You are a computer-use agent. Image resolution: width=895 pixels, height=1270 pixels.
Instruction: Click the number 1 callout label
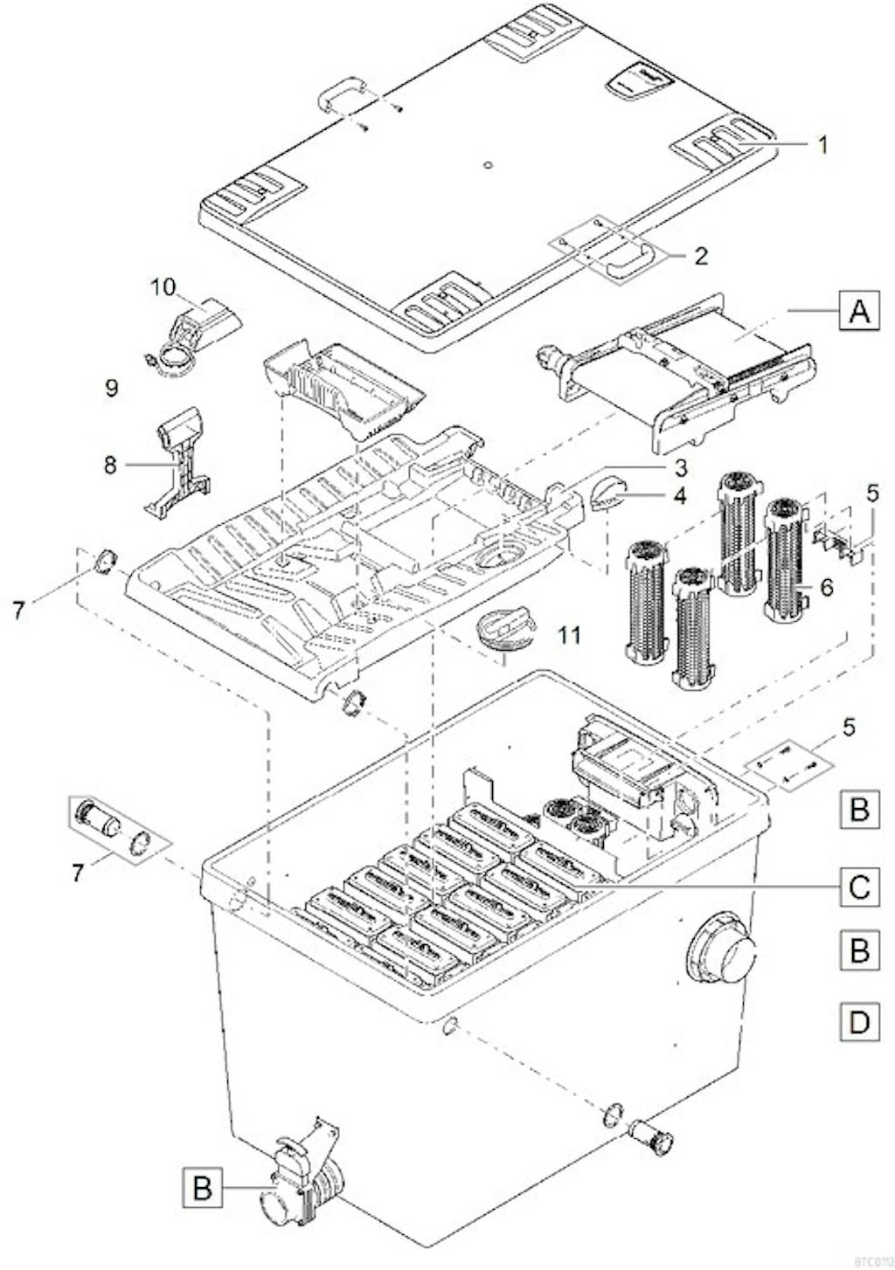point(821,145)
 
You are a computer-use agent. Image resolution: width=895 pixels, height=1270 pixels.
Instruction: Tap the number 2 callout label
point(700,256)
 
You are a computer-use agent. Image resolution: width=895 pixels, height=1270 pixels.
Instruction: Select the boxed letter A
point(859,310)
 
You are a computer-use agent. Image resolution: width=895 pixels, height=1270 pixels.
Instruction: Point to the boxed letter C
point(859,887)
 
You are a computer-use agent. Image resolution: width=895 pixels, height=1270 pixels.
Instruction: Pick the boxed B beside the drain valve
point(202,1189)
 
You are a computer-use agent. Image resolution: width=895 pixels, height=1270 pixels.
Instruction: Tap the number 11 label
point(569,635)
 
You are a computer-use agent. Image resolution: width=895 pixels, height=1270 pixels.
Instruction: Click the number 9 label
point(111,388)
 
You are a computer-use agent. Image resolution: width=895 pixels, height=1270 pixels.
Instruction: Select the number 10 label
point(163,286)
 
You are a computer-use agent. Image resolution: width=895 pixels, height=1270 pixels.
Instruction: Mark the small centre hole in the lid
point(488,163)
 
